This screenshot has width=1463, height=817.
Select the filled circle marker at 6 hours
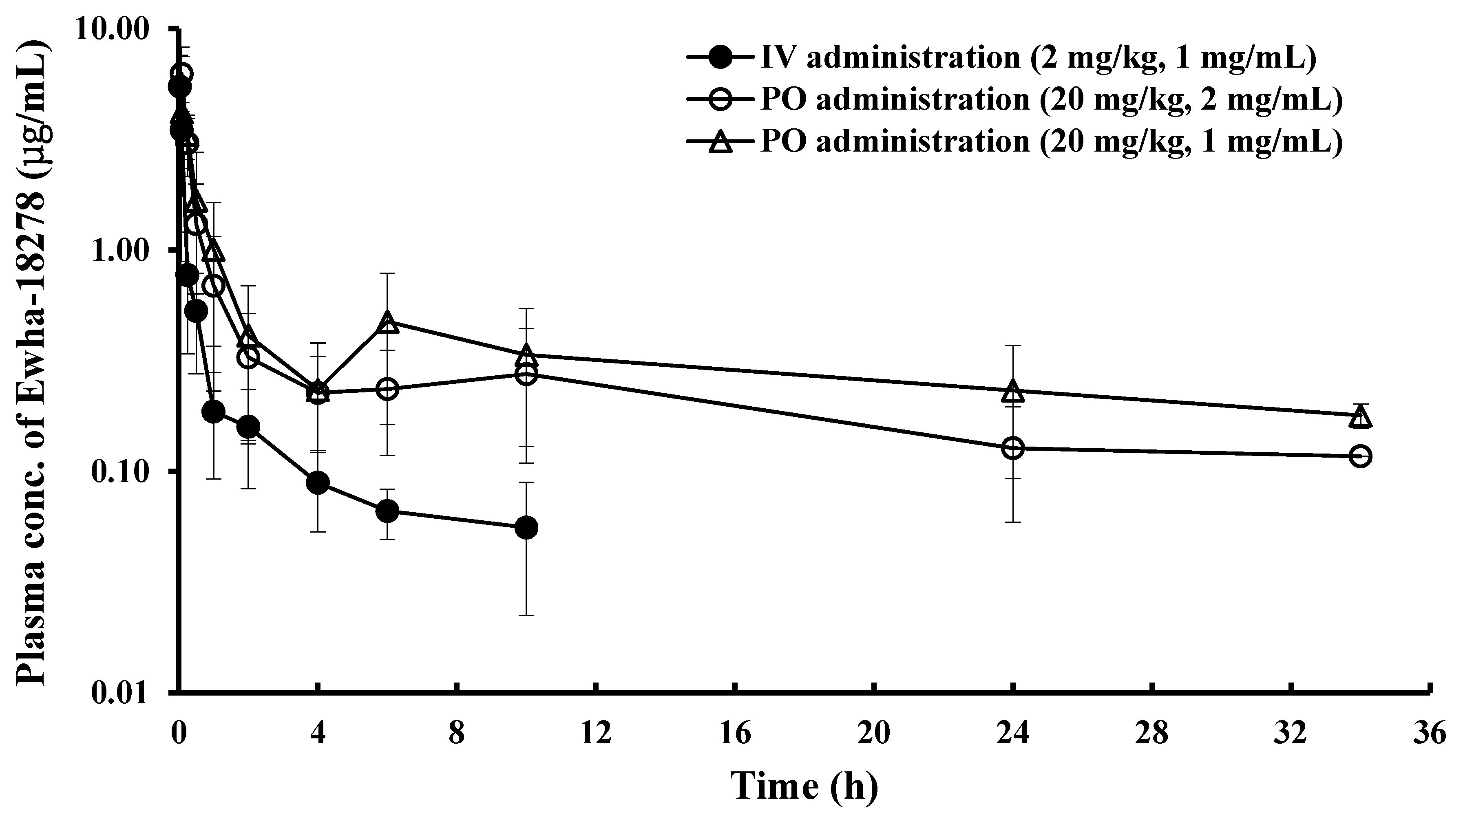[x=387, y=511]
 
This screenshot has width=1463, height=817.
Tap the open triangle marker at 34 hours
[x=1359, y=417]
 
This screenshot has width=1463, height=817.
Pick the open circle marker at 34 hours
[x=1359, y=456]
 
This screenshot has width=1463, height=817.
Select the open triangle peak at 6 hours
[x=387, y=322]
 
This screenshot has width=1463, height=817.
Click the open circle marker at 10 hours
[x=526, y=375]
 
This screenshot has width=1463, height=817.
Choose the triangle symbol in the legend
[x=721, y=142]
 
